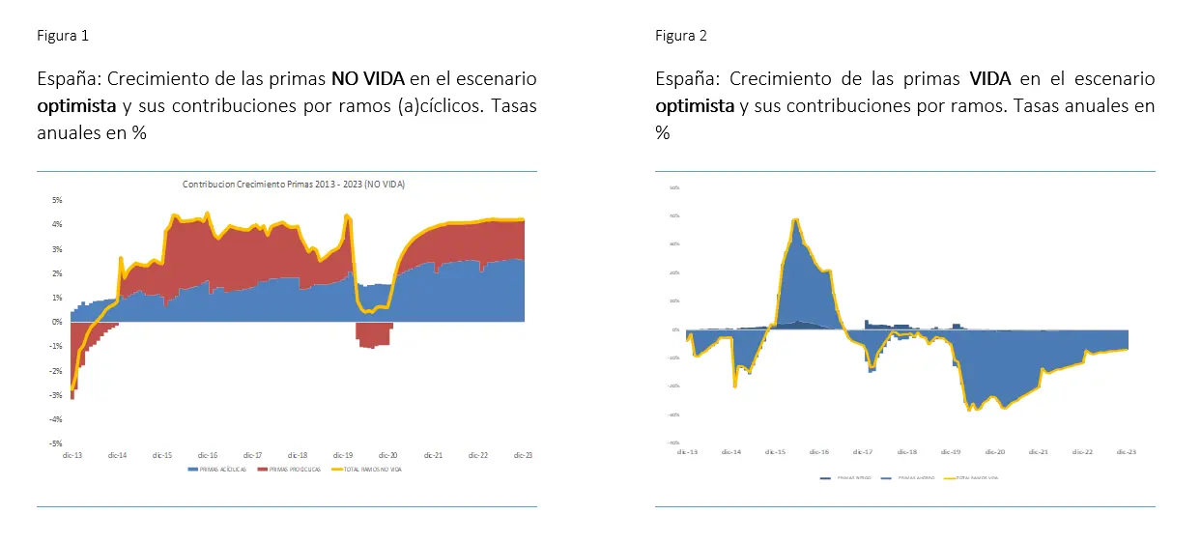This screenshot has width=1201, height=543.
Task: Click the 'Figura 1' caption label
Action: click(x=63, y=36)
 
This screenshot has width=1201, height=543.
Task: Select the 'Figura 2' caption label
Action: click(x=681, y=36)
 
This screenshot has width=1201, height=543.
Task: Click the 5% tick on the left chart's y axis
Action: click(x=57, y=200)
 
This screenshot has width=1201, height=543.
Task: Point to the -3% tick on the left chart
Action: click(x=56, y=395)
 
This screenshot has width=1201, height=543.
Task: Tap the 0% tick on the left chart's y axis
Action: click(x=57, y=322)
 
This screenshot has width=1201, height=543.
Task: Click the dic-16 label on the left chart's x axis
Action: click(x=207, y=454)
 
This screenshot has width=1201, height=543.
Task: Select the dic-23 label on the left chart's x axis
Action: click(x=523, y=454)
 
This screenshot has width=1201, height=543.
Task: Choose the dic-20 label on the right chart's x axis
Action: click(x=994, y=451)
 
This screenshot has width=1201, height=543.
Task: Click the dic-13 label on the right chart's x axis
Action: click(x=687, y=451)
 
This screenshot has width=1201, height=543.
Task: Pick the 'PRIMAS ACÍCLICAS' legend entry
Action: click(x=217, y=470)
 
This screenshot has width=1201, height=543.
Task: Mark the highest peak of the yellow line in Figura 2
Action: click(x=795, y=220)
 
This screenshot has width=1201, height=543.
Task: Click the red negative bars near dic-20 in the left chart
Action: click(x=373, y=334)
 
